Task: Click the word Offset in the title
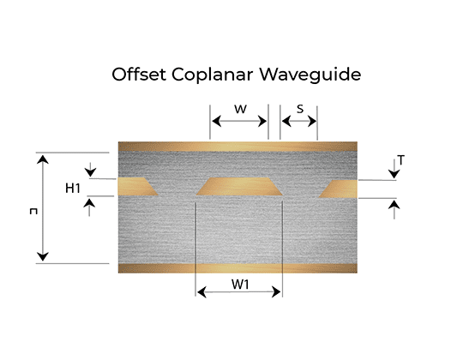(x=139, y=74)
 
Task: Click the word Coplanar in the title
(x=212, y=75)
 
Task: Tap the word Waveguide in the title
(x=310, y=75)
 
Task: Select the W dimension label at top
(x=240, y=109)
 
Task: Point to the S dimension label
(x=300, y=109)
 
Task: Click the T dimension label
(x=400, y=160)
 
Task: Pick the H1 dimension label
(x=73, y=189)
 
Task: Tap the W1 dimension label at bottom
(x=240, y=285)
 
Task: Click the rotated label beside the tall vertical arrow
(x=33, y=211)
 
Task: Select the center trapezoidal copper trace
(x=239, y=187)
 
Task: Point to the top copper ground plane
(x=238, y=147)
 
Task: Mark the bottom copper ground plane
(x=238, y=268)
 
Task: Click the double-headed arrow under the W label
(x=239, y=121)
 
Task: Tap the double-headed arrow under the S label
(x=299, y=121)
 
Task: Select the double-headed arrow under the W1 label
(x=238, y=292)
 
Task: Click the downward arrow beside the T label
(x=394, y=169)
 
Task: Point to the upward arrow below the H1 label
(x=89, y=207)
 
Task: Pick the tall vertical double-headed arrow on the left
(x=43, y=208)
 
